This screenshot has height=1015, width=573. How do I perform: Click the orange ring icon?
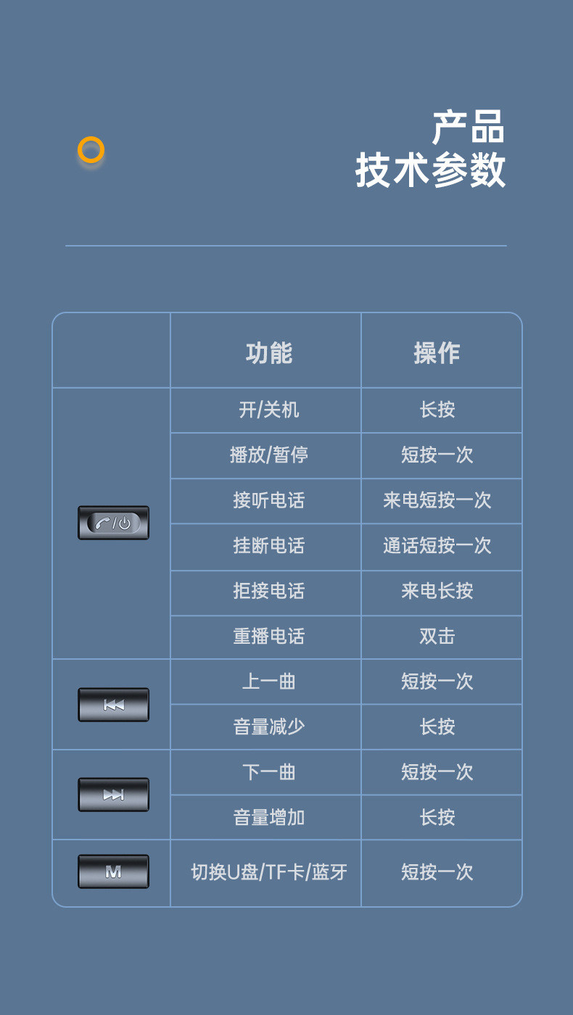pos(91,150)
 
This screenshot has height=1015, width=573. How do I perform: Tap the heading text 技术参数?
pos(430,171)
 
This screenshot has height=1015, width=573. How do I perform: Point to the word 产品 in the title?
pos(468,128)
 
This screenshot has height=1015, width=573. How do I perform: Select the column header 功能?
pos(269,353)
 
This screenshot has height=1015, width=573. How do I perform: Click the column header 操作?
pos(437,353)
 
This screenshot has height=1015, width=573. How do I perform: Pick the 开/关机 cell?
pos(269,410)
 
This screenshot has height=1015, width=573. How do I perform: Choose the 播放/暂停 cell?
pos(269,455)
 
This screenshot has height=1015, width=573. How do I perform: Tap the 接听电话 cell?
pos(269,501)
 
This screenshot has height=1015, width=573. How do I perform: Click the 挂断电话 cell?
pos(269,546)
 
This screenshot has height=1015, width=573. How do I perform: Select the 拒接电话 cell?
pos(269,592)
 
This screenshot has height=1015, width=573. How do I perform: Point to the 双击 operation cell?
pos(437,637)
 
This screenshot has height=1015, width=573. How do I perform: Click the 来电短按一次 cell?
pos(437,501)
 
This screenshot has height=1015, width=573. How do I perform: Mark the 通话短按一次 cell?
pos(437,546)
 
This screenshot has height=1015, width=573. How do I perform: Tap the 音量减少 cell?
pos(269,727)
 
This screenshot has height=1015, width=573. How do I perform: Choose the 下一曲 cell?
pos(269,772)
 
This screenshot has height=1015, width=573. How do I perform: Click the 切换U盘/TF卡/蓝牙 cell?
pos(269,872)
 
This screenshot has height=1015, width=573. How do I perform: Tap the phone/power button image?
pos(113,523)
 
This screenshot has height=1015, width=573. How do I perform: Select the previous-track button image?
pos(113,705)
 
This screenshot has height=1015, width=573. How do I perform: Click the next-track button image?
pos(113,795)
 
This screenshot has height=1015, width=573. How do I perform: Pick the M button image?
pos(113,871)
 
